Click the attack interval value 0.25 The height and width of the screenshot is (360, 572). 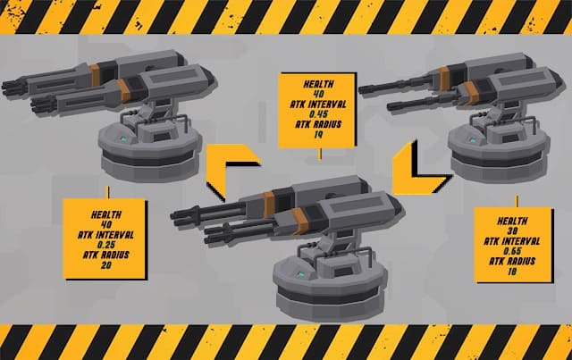click(106, 245)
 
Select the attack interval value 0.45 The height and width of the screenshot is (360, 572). click(318, 114)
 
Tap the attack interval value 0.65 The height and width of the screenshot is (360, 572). click(512, 251)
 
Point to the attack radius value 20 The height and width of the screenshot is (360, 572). click(106, 265)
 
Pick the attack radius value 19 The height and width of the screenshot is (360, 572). click(318, 135)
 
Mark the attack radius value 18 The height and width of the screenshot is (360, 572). click(512, 272)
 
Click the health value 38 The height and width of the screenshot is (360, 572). click(512, 231)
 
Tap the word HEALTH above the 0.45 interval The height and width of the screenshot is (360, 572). click(319, 84)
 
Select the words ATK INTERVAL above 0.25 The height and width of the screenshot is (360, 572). click(105, 235)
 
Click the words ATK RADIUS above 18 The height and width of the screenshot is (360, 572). click(512, 261)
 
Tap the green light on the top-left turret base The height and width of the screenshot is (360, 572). click(124, 139)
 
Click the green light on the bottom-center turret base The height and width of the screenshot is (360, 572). click(301, 274)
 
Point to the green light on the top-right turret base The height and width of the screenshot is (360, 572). click(473, 140)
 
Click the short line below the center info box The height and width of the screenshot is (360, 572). click(320, 154)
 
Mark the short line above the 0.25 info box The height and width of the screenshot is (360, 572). click(108, 192)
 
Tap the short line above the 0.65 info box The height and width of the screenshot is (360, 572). click(517, 201)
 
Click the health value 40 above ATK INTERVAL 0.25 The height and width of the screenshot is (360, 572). click(106, 225)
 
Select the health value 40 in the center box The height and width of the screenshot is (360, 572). click(318, 94)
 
